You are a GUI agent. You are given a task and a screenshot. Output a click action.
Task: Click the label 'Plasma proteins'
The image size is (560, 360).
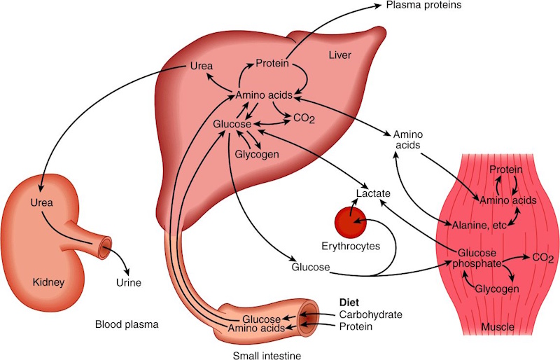[x=423, y=6]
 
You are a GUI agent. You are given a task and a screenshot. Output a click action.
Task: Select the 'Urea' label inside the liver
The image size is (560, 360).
[x=202, y=67]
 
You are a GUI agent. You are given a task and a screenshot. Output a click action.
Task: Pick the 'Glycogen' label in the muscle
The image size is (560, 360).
[x=497, y=289]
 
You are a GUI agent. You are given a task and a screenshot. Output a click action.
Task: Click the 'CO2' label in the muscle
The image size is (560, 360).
[x=542, y=258]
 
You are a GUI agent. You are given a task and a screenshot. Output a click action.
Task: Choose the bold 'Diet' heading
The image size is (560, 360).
[x=349, y=302]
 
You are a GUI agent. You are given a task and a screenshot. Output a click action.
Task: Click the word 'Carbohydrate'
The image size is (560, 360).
[x=370, y=314]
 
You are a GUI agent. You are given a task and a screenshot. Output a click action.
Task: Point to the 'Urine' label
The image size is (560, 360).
[x=128, y=283]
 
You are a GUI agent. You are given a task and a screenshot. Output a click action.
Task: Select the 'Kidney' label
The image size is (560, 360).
[x=48, y=282]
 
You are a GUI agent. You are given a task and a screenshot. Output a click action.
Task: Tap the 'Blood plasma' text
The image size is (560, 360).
[x=127, y=324]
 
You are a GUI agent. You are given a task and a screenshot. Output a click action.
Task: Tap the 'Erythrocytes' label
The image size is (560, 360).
[x=351, y=247]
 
